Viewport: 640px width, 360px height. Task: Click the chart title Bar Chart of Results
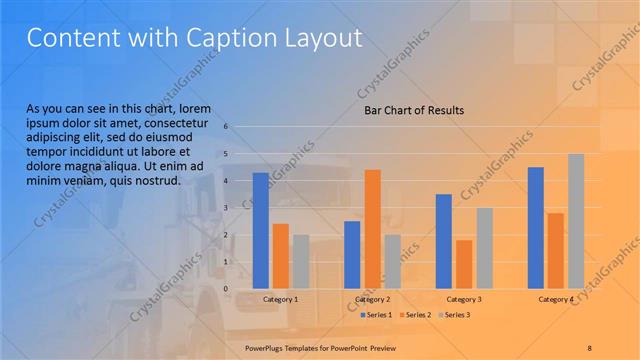(x=413, y=110)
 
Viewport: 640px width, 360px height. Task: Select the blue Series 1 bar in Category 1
(x=261, y=230)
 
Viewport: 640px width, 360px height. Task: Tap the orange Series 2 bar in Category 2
(x=372, y=228)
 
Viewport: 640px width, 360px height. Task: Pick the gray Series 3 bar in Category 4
(x=576, y=220)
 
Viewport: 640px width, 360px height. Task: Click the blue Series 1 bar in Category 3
(x=444, y=240)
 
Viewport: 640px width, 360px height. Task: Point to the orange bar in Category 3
(x=464, y=263)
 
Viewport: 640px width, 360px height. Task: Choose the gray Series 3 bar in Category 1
(x=301, y=261)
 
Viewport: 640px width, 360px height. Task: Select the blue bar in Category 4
(x=536, y=227)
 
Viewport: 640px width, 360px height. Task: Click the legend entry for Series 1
(x=377, y=315)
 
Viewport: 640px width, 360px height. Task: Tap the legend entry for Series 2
(x=414, y=315)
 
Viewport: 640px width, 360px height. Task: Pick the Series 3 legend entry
(x=452, y=315)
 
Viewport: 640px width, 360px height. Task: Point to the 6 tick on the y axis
(x=227, y=127)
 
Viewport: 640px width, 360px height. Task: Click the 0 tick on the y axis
(x=227, y=288)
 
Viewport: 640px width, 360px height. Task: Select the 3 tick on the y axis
(x=227, y=208)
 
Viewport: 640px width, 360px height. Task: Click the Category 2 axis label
(x=372, y=299)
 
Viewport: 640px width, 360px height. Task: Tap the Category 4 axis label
(x=556, y=299)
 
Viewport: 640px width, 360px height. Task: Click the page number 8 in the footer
(x=589, y=347)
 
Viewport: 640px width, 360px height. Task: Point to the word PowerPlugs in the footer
(x=266, y=347)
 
